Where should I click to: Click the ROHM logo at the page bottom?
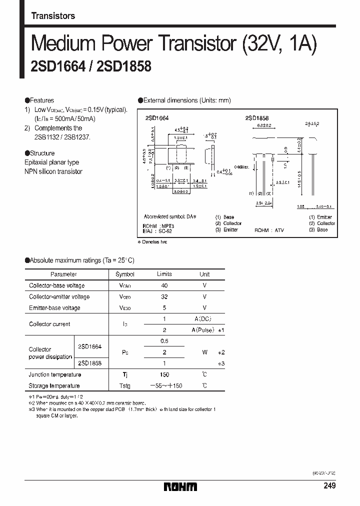point(180,486)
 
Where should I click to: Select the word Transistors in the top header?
point(53,16)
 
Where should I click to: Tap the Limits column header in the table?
point(164,274)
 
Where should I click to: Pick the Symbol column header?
point(125,274)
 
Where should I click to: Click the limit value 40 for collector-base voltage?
point(164,285)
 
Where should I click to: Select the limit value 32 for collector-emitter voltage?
point(164,296)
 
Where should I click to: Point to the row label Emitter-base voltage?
point(54,308)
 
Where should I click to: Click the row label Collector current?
point(49,324)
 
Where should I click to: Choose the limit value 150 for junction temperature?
point(164,374)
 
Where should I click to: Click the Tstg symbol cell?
point(125,385)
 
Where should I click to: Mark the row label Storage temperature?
point(54,385)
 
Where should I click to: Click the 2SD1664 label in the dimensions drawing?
point(156,117)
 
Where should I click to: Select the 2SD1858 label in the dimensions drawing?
point(257,117)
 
